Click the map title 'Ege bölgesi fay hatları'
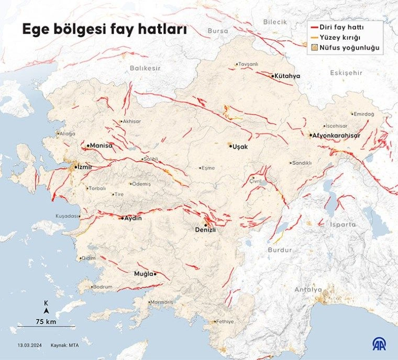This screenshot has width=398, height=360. point(104,31)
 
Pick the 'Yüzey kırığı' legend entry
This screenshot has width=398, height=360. point(344,37)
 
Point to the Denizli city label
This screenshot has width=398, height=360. point(205,230)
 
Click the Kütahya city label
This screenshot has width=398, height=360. point(287,76)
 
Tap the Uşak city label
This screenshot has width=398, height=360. point(240,147)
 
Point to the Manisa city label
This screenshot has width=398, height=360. point(101,145)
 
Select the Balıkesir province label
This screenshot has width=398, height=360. point(145,68)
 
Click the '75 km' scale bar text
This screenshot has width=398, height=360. point(46,321)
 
